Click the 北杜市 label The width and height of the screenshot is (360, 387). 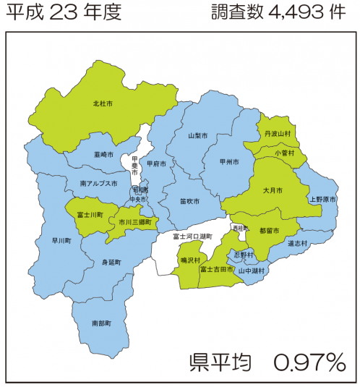[x=103, y=104]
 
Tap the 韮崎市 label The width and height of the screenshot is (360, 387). [x=103, y=154]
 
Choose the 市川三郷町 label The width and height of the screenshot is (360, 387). [x=135, y=222]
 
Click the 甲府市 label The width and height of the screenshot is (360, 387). [x=156, y=164]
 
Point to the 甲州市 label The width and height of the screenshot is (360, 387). [x=229, y=163]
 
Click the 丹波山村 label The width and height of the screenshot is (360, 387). [x=278, y=134]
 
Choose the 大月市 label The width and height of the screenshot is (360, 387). [x=273, y=190]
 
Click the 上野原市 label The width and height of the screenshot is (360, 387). [x=323, y=198]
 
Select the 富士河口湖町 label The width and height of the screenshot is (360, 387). [x=192, y=237]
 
